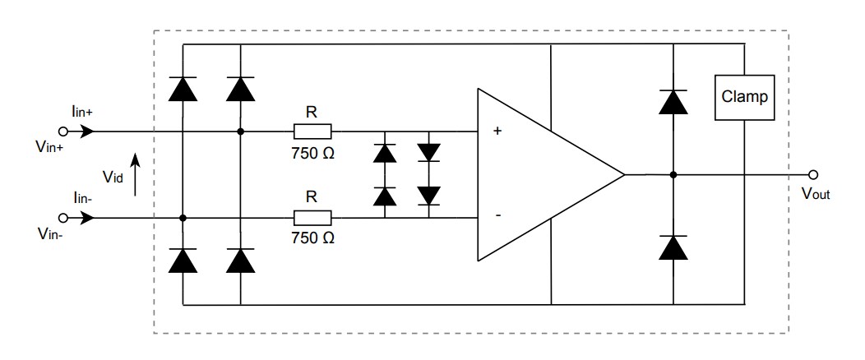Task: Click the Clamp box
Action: [x=743, y=98]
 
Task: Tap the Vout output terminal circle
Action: [x=813, y=174]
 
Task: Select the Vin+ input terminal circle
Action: [x=62, y=131]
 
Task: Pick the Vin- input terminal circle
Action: [x=62, y=218]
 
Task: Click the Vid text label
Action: [x=113, y=176]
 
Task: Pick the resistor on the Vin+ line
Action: [x=312, y=131]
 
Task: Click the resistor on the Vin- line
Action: [x=312, y=218]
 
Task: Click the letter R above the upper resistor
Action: [x=312, y=109]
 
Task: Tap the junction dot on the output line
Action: [x=673, y=174]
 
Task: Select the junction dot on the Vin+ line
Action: [x=240, y=131]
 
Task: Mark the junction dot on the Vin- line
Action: [x=182, y=218]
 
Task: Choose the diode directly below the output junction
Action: [x=673, y=247]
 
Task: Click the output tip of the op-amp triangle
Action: [x=624, y=174]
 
